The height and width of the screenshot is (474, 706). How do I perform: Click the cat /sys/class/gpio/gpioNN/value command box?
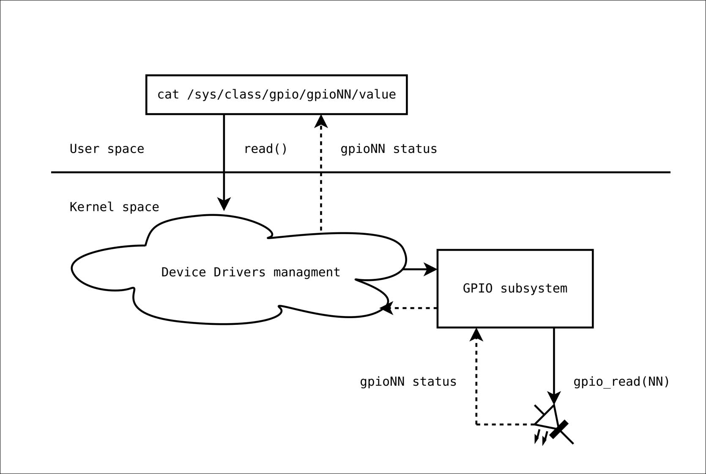(x=276, y=95)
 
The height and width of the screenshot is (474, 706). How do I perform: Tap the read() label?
(x=265, y=149)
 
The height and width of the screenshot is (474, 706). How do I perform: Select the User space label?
(x=107, y=149)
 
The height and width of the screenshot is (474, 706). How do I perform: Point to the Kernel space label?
(x=114, y=207)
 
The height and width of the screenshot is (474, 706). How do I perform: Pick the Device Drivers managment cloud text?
(x=251, y=272)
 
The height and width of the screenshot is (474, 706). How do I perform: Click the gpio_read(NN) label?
(x=621, y=382)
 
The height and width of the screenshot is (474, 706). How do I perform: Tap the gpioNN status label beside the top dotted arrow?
(x=389, y=149)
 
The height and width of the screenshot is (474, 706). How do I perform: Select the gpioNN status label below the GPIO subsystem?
(x=408, y=382)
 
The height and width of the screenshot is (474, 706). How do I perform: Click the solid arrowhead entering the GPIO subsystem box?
(x=431, y=269)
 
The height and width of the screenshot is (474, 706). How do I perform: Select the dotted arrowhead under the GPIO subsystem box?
(x=476, y=334)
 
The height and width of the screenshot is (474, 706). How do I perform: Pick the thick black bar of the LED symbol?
(x=559, y=429)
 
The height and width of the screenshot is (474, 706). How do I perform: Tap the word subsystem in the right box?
(x=534, y=289)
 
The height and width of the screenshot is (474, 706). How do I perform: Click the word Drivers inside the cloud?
(x=239, y=272)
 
